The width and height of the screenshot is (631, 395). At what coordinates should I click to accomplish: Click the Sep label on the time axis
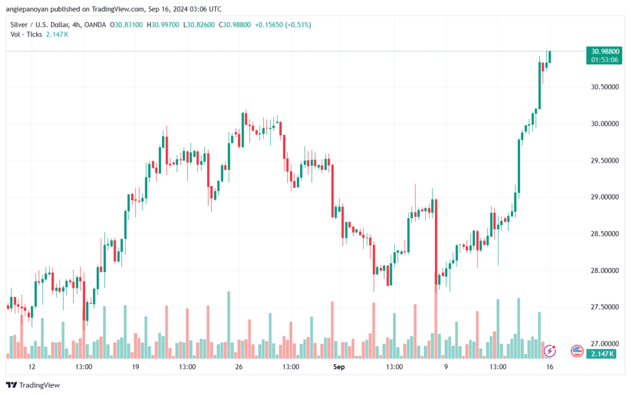pos(338,367)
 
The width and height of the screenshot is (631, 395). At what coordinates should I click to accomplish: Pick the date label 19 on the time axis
pos(136,367)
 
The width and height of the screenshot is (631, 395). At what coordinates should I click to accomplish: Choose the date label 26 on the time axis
pos(239,367)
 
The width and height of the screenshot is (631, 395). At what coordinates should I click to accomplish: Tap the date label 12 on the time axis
pos(32,367)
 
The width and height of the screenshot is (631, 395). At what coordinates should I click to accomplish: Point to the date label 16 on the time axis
pos(549,367)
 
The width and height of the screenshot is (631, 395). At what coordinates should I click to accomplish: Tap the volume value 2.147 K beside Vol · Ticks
pos(57,35)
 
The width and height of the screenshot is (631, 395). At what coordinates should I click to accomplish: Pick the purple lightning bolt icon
pos(550,351)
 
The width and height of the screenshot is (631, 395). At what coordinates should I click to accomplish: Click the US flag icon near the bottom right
pos(577,351)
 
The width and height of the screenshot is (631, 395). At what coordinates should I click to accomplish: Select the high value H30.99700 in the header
pos(165,25)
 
